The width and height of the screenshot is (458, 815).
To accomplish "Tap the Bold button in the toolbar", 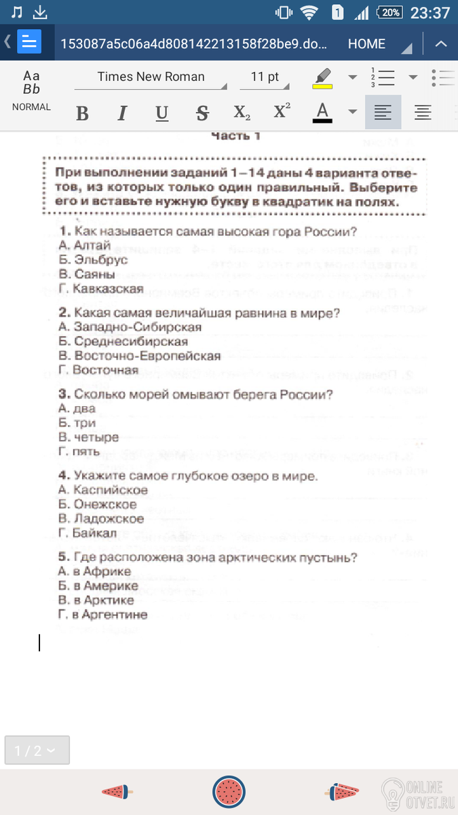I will pos(82,113).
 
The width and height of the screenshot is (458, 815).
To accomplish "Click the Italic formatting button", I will pos(122,113).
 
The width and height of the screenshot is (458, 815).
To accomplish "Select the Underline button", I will pos(161,113).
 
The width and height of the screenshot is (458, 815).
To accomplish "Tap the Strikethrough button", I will pos(202,113).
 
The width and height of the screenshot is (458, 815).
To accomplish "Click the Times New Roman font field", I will pos(151,77).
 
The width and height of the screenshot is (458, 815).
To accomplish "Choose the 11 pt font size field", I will pos(265,77).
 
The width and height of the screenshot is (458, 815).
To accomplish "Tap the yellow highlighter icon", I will pos(323,77).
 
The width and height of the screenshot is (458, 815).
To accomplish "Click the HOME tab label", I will pos(366,43).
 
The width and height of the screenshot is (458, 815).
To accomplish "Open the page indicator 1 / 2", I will pos(37,750).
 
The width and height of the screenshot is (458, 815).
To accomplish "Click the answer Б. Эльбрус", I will pos(93,259).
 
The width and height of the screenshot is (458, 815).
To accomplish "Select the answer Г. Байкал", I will pos(88,533).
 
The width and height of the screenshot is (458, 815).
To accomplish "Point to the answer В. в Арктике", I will pos(96,600).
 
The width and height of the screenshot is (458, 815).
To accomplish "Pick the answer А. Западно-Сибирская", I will pos(130,327).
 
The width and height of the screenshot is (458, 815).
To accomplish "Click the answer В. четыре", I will pos(89,437).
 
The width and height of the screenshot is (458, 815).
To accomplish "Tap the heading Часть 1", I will pos(235,136).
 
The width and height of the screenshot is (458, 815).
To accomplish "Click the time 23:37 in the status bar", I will pos(430,13).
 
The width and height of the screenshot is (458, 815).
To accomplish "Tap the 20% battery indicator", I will pos(391,13).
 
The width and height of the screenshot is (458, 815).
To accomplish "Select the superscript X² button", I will pos(282,112).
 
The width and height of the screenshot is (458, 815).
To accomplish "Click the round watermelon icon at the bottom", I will pos(229,791).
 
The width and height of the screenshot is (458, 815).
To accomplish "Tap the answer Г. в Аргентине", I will pos(103,615).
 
